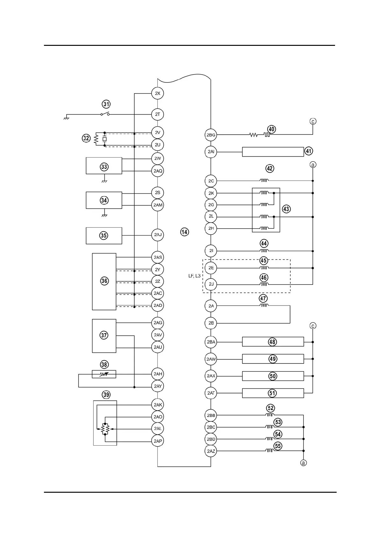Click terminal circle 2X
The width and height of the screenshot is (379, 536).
point(157,93)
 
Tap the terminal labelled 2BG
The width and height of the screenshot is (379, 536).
point(211,135)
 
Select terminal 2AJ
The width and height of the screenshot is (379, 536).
point(158,235)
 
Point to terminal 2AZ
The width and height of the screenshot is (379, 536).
point(211,451)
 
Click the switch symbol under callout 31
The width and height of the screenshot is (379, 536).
point(105,114)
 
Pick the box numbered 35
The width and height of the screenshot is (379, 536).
point(104,236)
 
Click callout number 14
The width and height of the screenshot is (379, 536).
point(184,232)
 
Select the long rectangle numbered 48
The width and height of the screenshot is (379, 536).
point(273,342)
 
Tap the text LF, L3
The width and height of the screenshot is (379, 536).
point(194,276)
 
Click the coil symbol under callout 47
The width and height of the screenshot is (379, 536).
point(264,305)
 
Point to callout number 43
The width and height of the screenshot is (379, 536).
point(286,209)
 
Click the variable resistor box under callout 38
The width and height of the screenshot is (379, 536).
point(104,374)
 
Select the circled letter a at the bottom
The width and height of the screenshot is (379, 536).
point(303,463)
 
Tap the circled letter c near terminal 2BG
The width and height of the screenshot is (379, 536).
point(313,121)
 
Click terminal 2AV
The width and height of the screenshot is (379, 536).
point(158,335)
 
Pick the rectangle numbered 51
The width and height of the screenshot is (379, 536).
point(273,393)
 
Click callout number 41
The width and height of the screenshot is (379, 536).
point(309,151)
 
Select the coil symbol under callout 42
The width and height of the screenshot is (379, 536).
point(264,180)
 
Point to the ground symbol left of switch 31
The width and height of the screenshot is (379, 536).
point(67,118)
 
